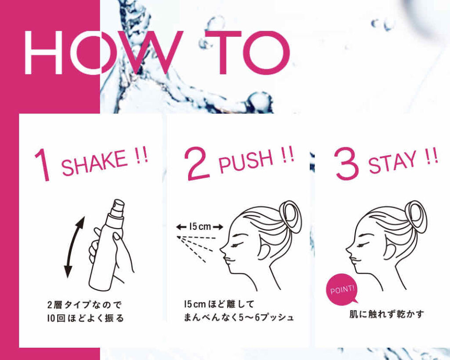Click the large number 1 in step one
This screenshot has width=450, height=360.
[43, 165]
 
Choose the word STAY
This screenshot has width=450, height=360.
[392, 162]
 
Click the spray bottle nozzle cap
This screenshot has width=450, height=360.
[118, 208]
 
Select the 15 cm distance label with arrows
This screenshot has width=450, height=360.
[200, 227]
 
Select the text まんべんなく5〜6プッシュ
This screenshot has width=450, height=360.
[239, 317]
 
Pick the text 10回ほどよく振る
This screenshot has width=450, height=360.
[86, 318]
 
